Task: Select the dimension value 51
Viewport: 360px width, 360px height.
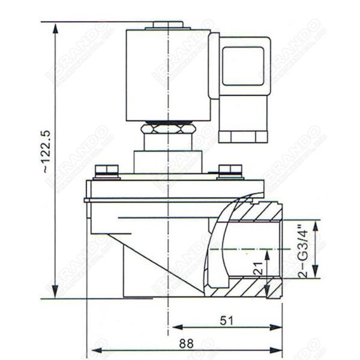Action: click(x=226, y=320)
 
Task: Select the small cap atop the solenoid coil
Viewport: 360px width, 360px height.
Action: click(x=168, y=25)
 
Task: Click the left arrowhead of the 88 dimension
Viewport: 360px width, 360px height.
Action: click(x=92, y=348)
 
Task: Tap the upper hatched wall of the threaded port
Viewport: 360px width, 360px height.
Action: click(x=252, y=211)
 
